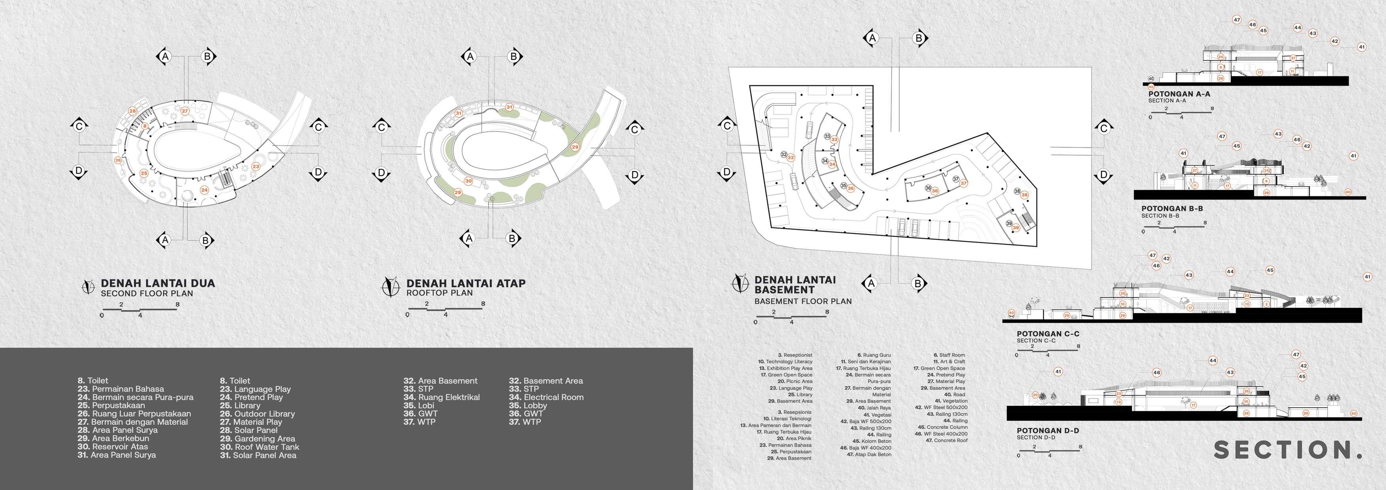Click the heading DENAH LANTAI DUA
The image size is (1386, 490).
158,283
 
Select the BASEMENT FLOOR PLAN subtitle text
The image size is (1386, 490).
803,301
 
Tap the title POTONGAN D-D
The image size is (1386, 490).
1047,431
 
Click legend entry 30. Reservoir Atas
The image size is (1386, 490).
113,447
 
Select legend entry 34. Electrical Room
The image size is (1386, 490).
546,398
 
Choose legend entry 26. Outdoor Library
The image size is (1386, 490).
257,414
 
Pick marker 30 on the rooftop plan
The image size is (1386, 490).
468,181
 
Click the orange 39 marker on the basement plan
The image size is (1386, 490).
1016,228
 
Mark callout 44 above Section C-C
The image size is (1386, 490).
1230,271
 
